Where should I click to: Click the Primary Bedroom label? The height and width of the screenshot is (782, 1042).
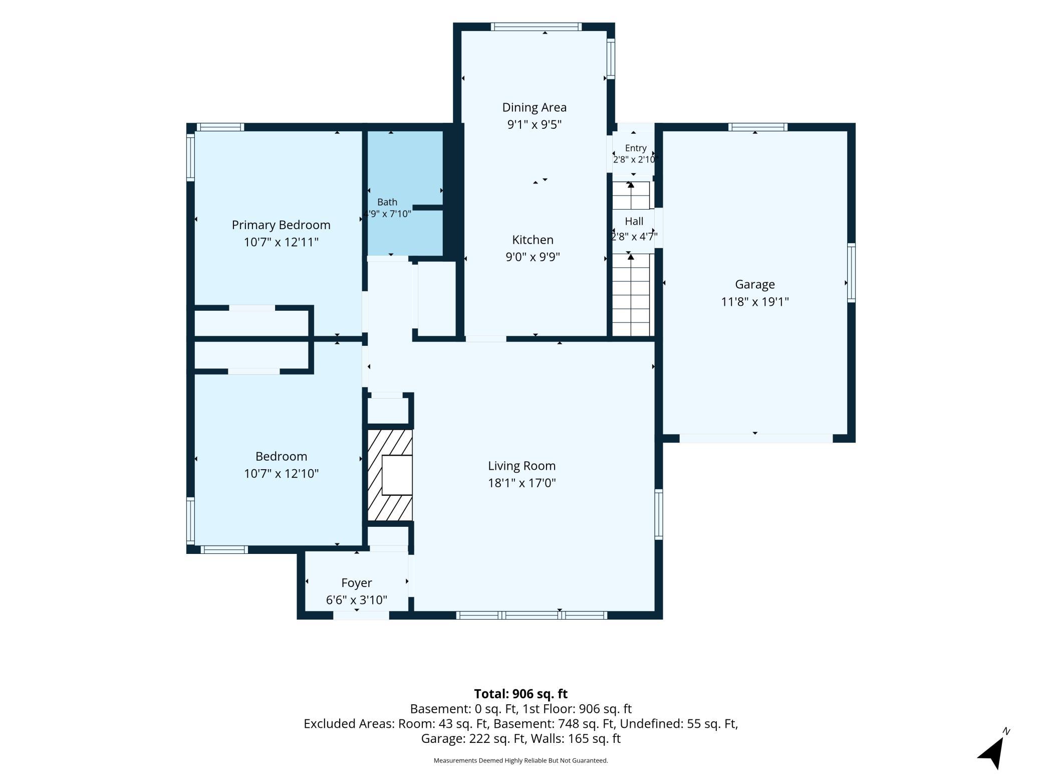[281, 225]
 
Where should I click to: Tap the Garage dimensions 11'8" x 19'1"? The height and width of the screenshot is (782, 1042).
[755, 302]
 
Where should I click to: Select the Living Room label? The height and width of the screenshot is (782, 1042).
[522, 466]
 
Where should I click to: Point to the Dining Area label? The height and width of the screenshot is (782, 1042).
[535, 107]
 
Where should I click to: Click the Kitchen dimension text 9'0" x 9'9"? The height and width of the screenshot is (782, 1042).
[533, 257]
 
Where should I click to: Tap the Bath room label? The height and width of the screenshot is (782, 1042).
[387, 202]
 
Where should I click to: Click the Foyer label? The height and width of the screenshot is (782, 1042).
[357, 583]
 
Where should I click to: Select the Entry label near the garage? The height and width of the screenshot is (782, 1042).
[636, 148]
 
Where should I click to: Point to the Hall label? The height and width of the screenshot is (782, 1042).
[634, 221]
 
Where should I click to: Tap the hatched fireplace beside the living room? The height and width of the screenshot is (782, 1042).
[390, 475]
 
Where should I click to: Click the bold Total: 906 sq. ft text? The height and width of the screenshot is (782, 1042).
[521, 694]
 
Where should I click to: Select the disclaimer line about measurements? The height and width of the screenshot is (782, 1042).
[521, 760]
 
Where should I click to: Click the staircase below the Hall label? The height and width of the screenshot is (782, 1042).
[631, 295]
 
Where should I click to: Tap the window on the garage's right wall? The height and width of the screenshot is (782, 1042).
[851, 273]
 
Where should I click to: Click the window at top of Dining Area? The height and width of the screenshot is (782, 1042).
[536, 27]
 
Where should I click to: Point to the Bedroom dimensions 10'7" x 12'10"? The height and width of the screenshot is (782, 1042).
[281, 474]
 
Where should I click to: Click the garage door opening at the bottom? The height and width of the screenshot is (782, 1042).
[756, 438]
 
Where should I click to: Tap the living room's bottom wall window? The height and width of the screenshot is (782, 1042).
[532, 615]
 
